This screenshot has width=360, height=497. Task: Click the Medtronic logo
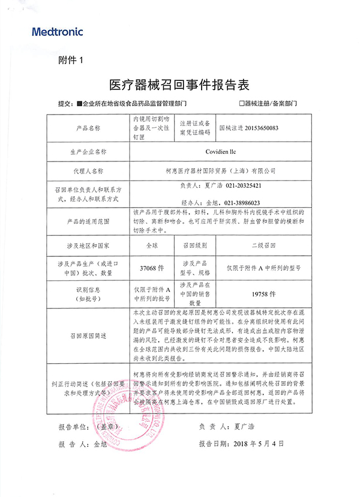pos(58,32)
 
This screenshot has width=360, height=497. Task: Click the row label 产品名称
pos(89,128)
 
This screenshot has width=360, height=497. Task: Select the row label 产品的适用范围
pos(89,221)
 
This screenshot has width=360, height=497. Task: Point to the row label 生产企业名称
pos(89,152)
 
